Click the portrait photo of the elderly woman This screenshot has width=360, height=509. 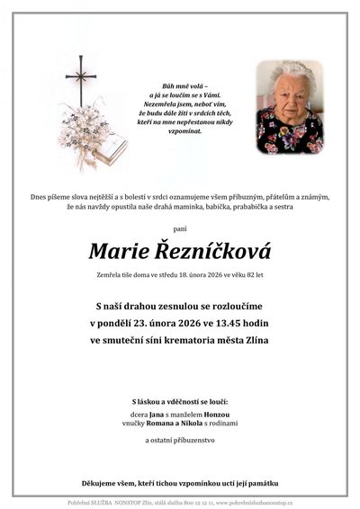click(x=289, y=107)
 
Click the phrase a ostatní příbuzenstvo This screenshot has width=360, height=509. click(x=180, y=441)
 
